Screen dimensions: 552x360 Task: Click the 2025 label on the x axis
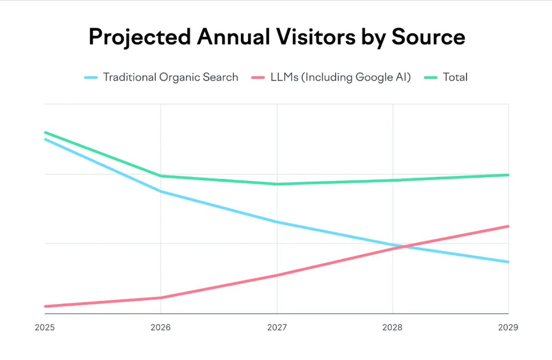[45, 327]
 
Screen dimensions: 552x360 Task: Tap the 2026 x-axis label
[161, 327]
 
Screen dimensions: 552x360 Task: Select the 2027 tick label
[277, 327]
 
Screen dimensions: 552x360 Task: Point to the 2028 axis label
[392, 327]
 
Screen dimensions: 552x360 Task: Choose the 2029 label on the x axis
[508, 327]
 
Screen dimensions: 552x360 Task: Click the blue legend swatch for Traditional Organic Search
[91, 78]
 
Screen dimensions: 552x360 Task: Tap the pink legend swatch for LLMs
[258, 78]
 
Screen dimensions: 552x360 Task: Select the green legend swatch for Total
[430, 78]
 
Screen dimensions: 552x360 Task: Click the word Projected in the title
[140, 37]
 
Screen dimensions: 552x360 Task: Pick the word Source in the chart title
[428, 37]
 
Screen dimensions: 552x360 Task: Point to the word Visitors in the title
[316, 37]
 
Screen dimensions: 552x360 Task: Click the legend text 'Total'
[455, 77]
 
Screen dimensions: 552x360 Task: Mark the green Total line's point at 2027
[277, 184]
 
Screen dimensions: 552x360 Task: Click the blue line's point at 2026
[161, 191]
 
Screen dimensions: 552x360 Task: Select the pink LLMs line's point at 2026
[161, 298]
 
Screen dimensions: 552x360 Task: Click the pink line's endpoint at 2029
[508, 226]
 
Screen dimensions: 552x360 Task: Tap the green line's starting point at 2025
[45, 132]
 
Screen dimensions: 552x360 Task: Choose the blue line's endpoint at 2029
[508, 262]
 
